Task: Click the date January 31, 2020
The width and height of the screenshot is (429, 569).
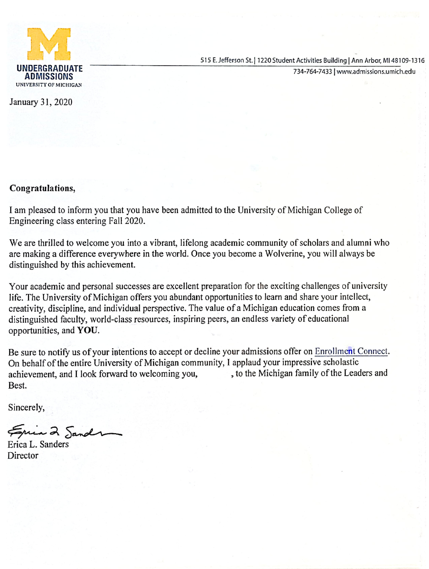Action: click(x=41, y=102)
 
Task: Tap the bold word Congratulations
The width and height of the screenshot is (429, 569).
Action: click(x=42, y=188)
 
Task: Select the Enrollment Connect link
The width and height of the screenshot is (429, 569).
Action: click(x=351, y=351)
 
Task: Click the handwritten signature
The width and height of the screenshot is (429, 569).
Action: click(x=64, y=431)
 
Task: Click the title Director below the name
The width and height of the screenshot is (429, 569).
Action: click(x=23, y=456)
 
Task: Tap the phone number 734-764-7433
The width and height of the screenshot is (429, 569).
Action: click(x=312, y=71)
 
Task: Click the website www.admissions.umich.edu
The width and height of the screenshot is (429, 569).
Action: click(x=376, y=71)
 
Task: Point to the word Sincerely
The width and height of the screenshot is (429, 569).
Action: click(x=26, y=408)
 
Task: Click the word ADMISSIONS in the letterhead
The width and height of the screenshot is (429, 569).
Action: click(x=49, y=76)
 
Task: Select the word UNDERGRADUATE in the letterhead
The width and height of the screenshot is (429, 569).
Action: click(x=50, y=68)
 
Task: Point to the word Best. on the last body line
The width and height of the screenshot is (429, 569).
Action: click(x=17, y=385)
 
